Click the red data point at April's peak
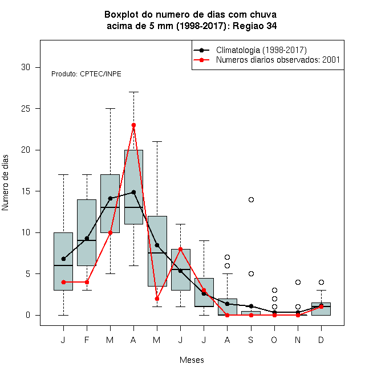click(x=134, y=125)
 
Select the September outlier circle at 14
click(x=251, y=199)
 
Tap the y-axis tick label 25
click(x=26, y=109)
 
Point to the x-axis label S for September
click(x=251, y=340)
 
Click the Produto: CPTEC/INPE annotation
click(x=86, y=74)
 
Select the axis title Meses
click(x=192, y=360)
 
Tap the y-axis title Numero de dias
click(x=5, y=183)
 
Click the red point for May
click(x=157, y=299)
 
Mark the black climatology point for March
click(x=110, y=199)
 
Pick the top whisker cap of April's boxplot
click(x=134, y=92)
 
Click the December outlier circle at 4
click(x=321, y=282)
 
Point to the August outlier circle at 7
click(x=227, y=258)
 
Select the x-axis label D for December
click(x=321, y=340)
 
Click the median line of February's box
click(x=87, y=240)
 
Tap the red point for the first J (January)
click(x=63, y=282)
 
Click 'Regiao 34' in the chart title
click(x=255, y=26)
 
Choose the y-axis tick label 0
click(x=28, y=315)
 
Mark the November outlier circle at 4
click(x=298, y=282)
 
